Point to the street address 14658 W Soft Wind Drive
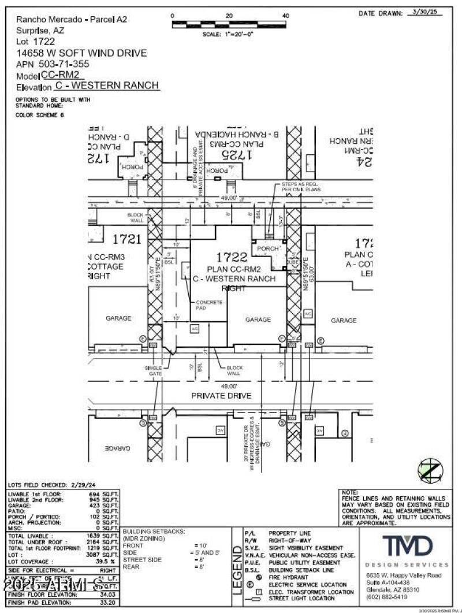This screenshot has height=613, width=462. coord(81,53)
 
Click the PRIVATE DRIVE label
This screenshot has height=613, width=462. coord(221,396)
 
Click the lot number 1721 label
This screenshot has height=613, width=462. coord(126,238)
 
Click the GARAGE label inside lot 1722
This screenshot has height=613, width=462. coord(258,319)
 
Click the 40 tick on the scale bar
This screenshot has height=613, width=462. coord(286,16)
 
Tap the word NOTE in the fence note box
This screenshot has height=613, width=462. coord(350,491)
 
